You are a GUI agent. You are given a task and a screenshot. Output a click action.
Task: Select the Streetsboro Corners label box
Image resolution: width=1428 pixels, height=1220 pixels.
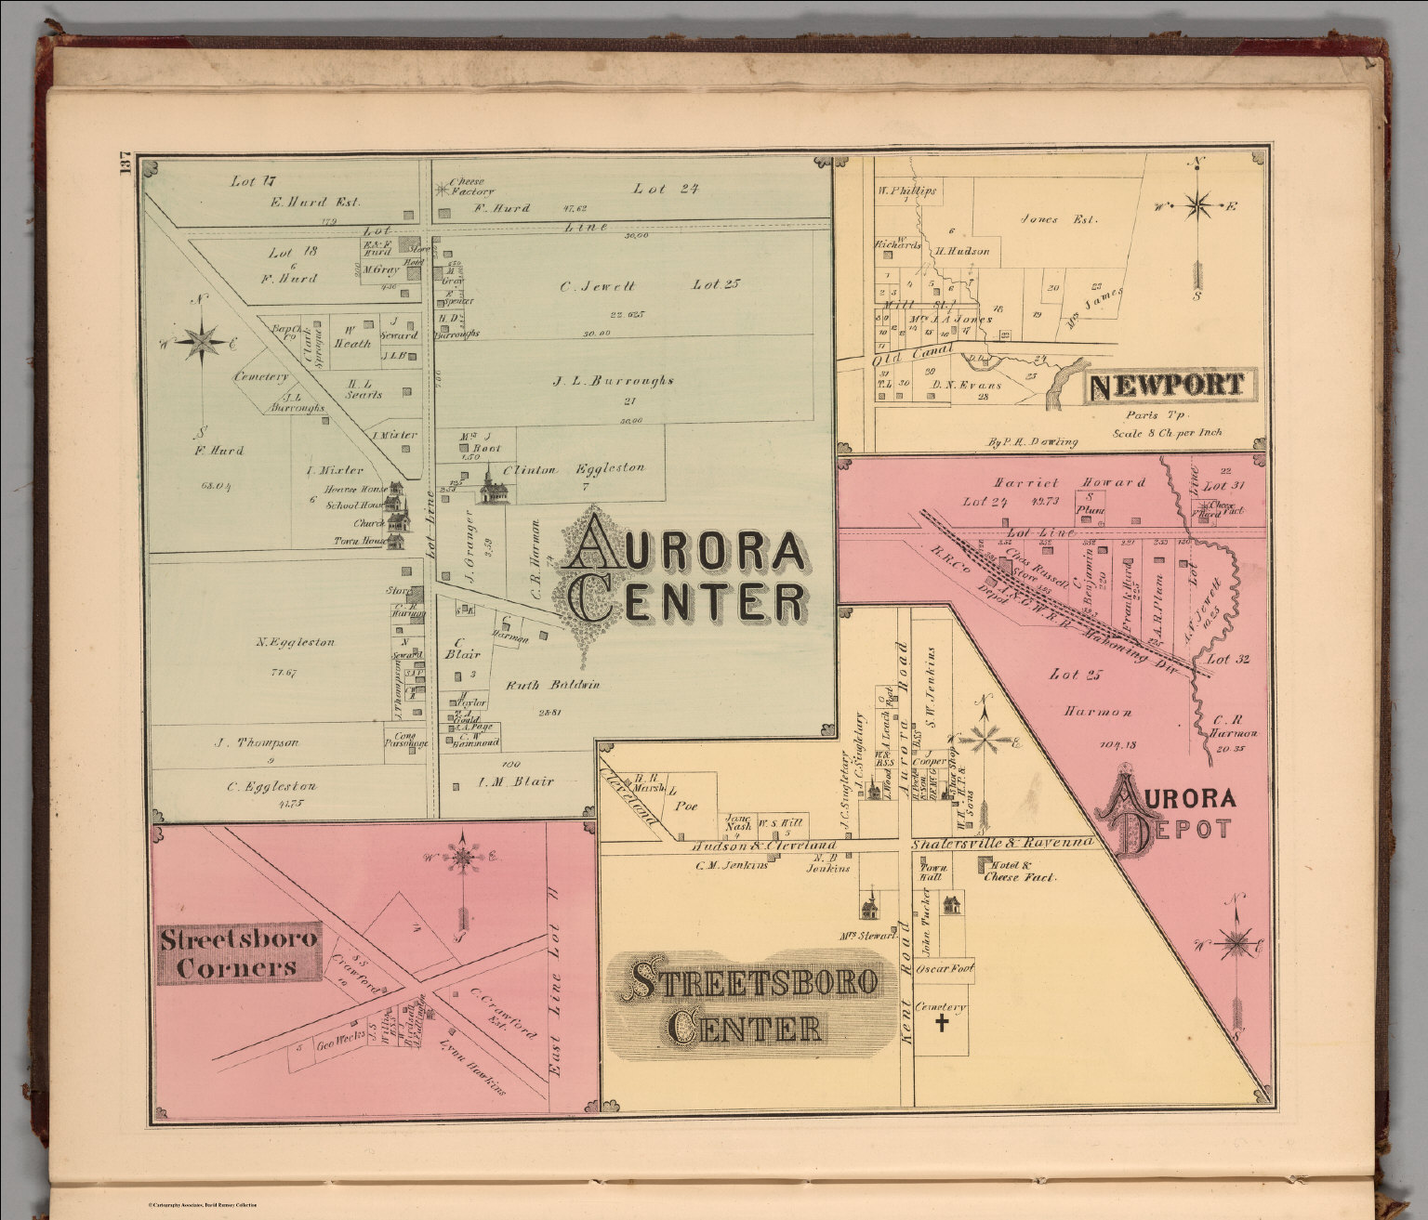point(239,952)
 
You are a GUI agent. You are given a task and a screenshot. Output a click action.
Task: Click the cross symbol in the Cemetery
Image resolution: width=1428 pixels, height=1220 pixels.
point(942,1024)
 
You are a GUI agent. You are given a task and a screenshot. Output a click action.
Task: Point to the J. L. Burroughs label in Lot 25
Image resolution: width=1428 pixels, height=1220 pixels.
point(613,380)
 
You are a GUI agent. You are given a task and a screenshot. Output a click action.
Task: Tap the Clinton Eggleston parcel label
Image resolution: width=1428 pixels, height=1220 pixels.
point(574,469)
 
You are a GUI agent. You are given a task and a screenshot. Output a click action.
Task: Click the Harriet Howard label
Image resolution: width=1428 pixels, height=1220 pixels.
point(1069,483)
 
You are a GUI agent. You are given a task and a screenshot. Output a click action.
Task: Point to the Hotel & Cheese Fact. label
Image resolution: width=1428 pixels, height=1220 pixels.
point(1019,871)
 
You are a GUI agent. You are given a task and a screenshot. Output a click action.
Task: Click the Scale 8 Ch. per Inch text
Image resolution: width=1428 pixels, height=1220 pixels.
point(1167,433)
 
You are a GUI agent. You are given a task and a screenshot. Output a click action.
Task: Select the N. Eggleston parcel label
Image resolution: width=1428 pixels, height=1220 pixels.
point(296,642)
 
